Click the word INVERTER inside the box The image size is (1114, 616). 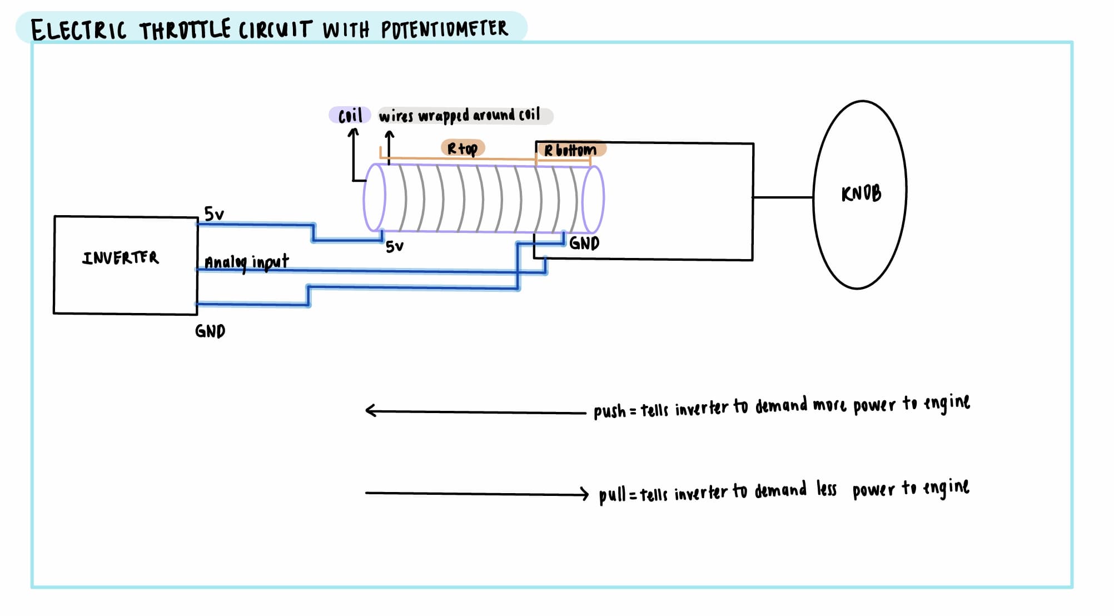[x=121, y=257]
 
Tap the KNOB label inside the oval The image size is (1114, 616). [x=861, y=193]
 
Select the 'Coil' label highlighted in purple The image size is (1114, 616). [x=350, y=115]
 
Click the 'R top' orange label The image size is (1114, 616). [x=462, y=148]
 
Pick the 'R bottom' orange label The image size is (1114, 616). [x=570, y=150]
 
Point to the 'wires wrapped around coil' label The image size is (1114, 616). [x=459, y=115]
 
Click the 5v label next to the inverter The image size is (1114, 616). [x=213, y=213]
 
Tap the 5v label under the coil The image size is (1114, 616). [x=394, y=246]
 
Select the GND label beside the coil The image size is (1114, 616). [x=584, y=243]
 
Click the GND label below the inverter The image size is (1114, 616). [x=210, y=331]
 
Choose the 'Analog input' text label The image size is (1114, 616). [x=246, y=262]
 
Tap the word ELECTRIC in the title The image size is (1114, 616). [x=78, y=30]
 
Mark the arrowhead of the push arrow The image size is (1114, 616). [x=369, y=411]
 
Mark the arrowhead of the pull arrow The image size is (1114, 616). [x=585, y=494]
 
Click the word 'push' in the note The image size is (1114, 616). [x=609, y=411]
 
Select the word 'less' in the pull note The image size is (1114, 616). [x=826, y=489]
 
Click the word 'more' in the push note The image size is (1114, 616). [x=829, y=405]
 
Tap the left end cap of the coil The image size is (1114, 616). [x=374, y=197]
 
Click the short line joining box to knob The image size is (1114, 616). [x=783, y=197]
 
